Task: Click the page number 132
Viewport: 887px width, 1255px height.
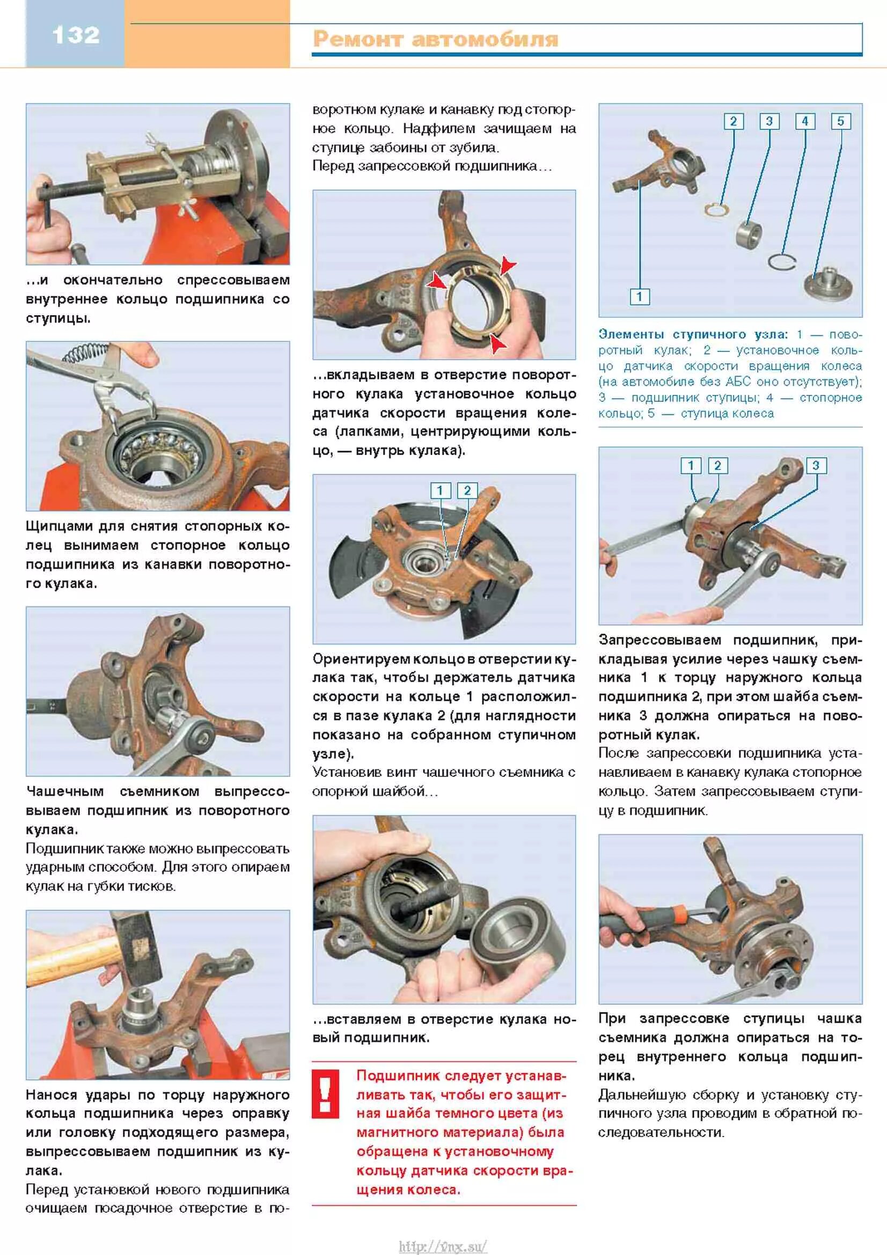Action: pos(76,35)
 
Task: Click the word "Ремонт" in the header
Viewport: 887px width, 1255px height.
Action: pos(358,40)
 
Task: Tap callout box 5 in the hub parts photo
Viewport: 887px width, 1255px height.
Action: pos(840,121)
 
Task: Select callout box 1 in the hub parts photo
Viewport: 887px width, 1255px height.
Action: pos(640,297)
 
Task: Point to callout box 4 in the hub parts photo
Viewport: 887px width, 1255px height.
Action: pos(805,121)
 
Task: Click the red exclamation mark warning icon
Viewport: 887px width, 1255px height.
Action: pos(325,1093)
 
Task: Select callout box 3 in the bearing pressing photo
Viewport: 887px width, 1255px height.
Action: pos(816,466)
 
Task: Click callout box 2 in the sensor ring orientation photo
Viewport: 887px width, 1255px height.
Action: pos(467,490)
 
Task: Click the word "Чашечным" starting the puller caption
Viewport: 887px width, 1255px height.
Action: pos(64,791)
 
